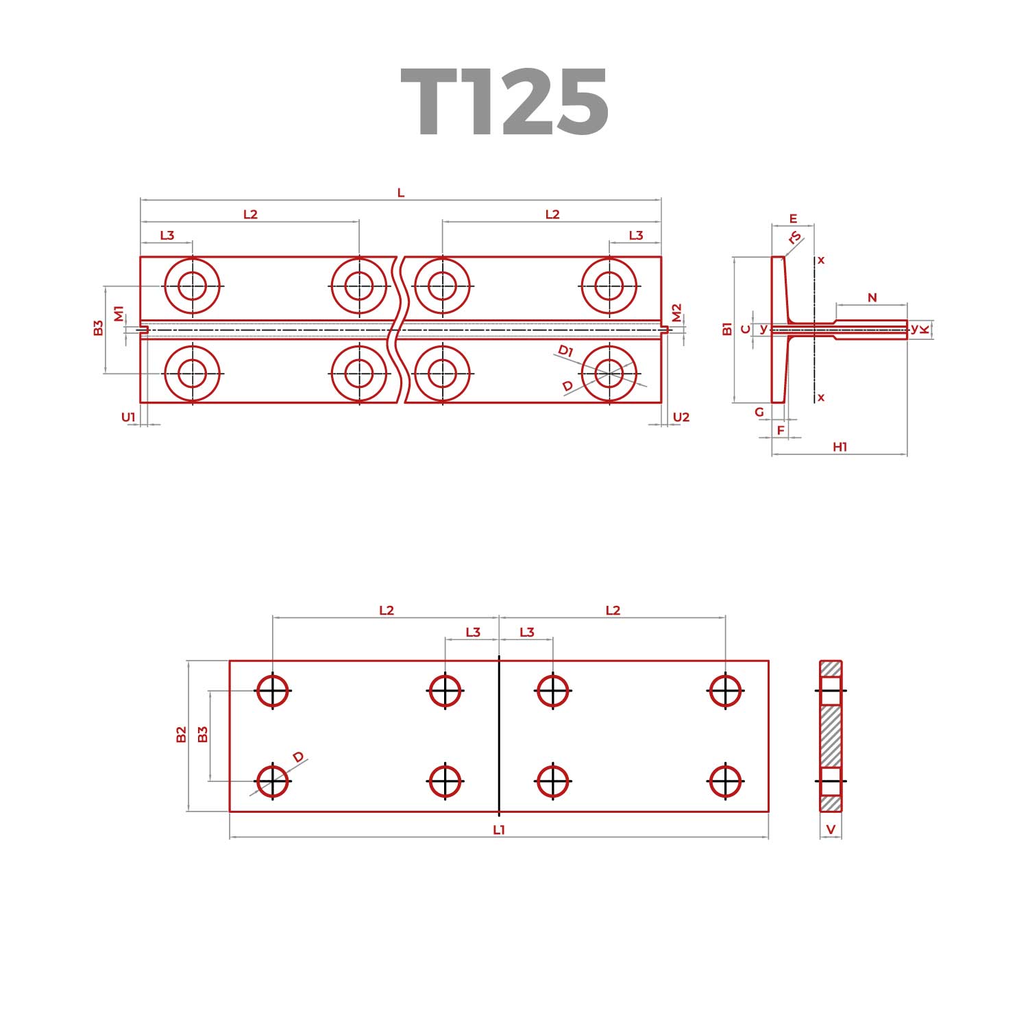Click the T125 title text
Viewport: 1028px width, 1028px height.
pos(504,103)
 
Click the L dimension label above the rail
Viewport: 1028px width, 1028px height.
pos(401,193)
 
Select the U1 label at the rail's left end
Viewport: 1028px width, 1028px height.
pos(129,417)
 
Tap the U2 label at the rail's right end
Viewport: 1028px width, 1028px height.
pos(681,417)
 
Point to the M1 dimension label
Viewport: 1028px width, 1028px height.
pos(119,314)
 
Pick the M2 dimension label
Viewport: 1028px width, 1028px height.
pos(677,313)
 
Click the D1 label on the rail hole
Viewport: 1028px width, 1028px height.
pos(565,352)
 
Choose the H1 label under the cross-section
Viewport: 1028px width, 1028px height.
pos(840,447)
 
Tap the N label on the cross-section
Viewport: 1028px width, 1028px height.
pos(872,297)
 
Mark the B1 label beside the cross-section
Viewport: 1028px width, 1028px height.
pos(727,329)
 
